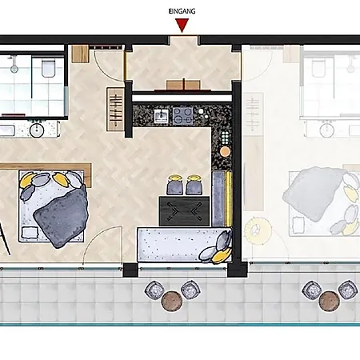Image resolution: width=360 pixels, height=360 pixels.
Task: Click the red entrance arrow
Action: [x=182, y=25]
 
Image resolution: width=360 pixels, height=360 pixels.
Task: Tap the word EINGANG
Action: [x=182, y=11]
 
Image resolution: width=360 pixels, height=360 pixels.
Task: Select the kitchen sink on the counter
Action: [x=161, y=117]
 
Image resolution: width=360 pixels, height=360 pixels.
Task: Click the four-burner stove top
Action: [x=182, y=115]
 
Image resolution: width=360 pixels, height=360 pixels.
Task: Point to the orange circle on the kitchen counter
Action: [x=225, y=151]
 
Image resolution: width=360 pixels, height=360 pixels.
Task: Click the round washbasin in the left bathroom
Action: [x=37, y=130]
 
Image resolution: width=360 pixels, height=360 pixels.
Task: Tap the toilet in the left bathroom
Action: [x=49, y=68]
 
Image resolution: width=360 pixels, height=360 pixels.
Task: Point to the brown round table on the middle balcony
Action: [x=172, y=302]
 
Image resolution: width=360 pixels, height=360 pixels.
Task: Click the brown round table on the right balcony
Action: [x=330, y=301]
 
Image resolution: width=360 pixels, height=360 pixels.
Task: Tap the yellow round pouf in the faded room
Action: [x=258, y=230]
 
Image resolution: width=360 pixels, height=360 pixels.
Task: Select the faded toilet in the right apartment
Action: [x=318, y=68]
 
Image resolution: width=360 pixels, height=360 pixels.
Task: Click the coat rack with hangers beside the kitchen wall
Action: [x=115, y=110]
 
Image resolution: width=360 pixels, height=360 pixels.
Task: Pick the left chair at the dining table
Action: [x=174, y=185]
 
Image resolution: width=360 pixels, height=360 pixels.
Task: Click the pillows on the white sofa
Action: [x=217, y=248]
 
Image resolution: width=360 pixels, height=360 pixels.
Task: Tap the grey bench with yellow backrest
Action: [x=222, y=199]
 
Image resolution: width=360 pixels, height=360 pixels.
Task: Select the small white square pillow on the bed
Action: [x=30, y=233]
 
